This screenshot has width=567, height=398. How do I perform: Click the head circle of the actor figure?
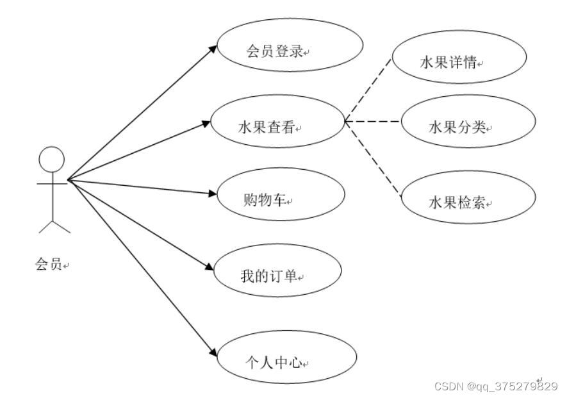[52, 160]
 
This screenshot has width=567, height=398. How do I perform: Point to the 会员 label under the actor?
[49, 263]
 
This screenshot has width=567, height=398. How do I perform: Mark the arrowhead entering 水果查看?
[206, 122]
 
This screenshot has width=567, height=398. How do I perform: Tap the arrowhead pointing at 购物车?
[213, 194]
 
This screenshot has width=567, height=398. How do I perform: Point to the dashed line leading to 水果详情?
[368, 89]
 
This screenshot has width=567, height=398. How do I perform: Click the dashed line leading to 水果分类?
[372, 121]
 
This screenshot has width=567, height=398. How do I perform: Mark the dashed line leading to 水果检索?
[372, 156]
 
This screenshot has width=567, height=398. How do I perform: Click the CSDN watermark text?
[495, 386]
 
